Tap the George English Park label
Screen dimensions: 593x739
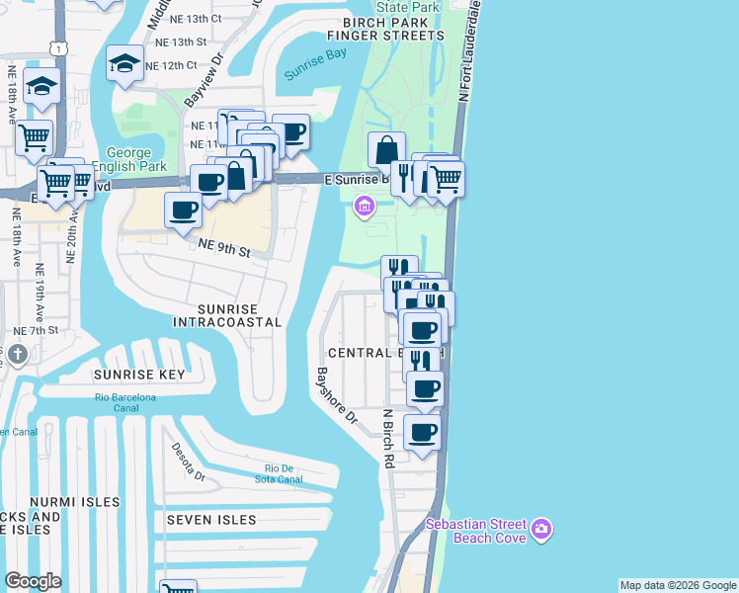127,160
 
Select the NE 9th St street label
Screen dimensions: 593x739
224,247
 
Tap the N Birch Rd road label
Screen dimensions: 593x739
389,438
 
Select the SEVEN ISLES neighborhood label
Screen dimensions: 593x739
210,520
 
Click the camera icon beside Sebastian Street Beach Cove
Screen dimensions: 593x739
540,531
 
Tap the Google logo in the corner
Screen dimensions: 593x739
33,581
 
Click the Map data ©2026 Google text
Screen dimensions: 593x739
678,585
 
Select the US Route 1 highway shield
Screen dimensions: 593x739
61,48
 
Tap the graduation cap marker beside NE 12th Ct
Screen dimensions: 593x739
124,63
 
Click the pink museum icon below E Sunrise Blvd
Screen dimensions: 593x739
364,207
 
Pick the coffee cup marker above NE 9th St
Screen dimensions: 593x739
184,210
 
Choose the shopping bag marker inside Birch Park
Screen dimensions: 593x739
386,149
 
